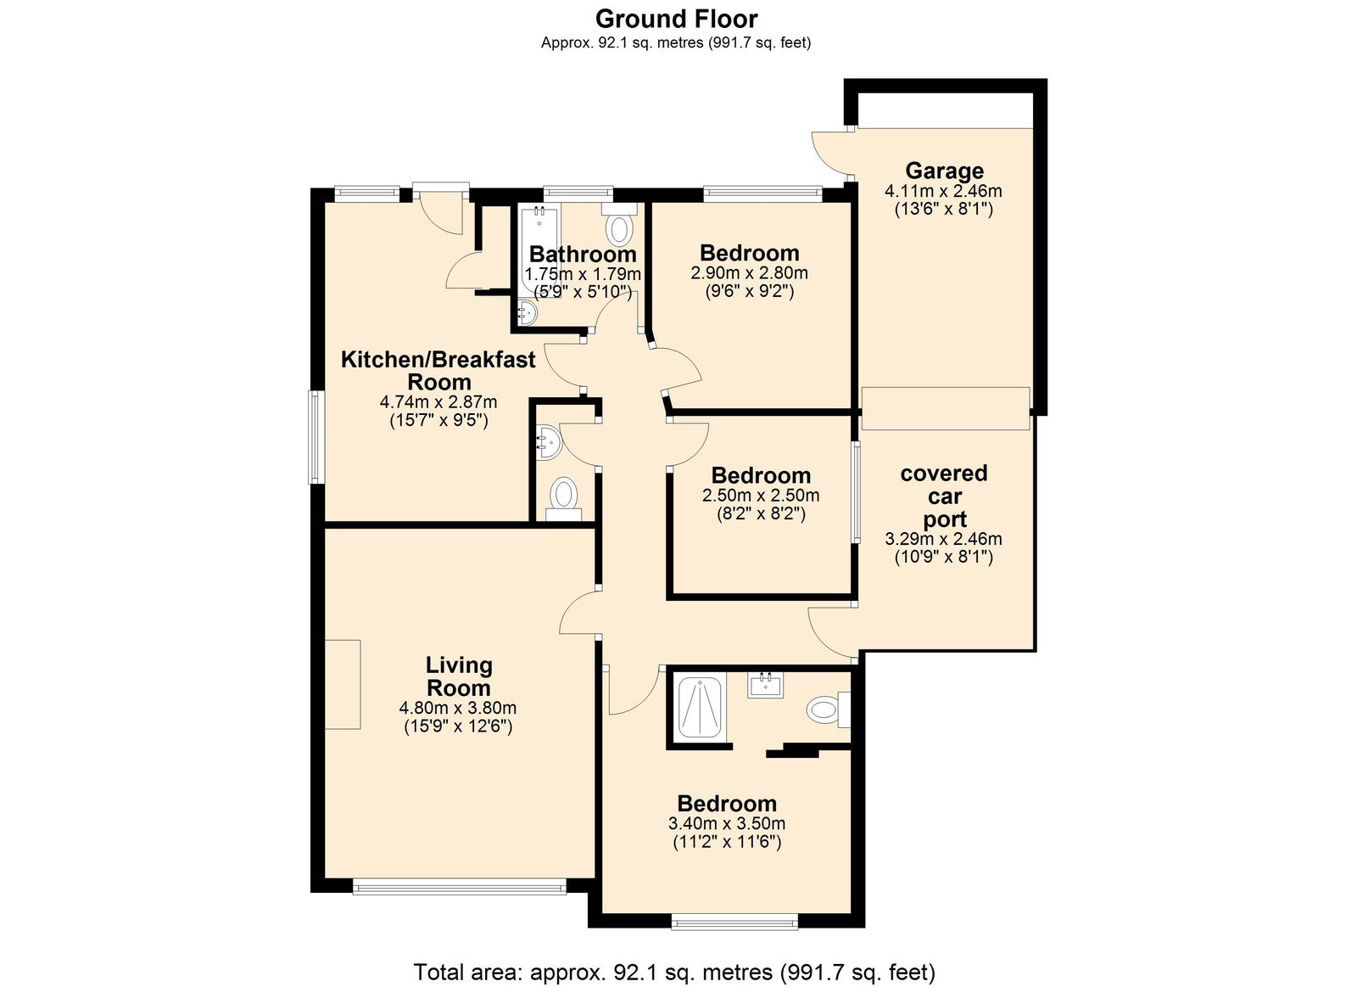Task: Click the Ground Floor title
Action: (x=676, y=20)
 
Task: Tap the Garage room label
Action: (x=944, y=171)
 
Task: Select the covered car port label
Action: (x=944, y=496)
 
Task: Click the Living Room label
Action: (x=459, y=676)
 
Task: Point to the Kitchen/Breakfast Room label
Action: (x=438, y=370)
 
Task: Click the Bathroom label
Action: (x=583, y=254)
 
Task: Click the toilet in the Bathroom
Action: (x=619, y=224)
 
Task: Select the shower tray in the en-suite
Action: (x=700, y=709)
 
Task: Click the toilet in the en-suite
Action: (x=829, y=709)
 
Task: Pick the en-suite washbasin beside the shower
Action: (x=765, y=685)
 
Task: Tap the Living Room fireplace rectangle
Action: (x=343, y=684)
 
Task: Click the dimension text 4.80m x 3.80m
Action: (x=457, y=708)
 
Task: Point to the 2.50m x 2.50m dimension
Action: (x=761, y=496)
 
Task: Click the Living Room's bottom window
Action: (x=459, y=888)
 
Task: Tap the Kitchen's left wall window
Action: (x=315, y=436)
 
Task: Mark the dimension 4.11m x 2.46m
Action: (x=943, y=191)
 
